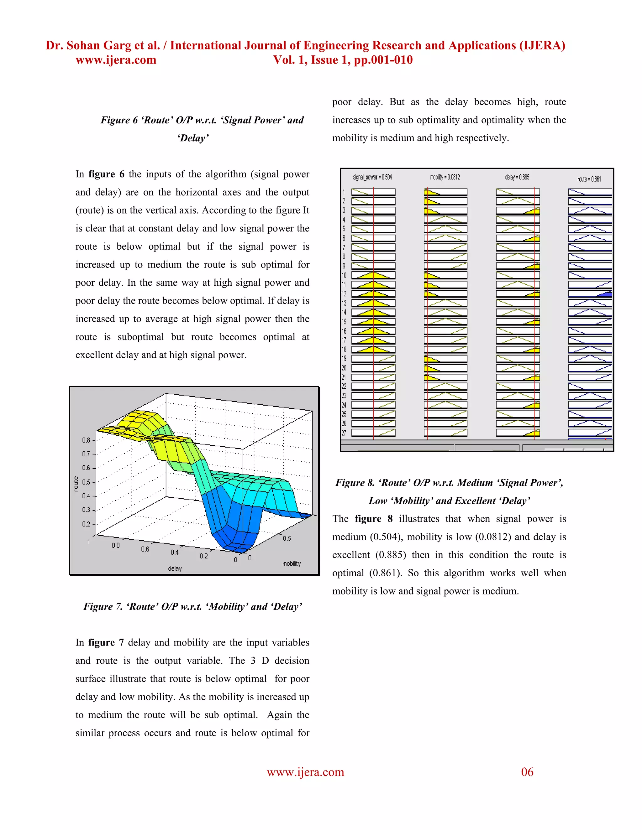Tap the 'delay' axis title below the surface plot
click(175, 568)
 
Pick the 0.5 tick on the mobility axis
click(287, 538)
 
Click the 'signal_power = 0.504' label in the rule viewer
click(372, 177)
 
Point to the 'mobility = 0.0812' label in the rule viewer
click(445, 177)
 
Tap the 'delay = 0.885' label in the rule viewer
click(517, 177)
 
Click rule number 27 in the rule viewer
click(344, 433)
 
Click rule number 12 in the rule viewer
click(344, 294)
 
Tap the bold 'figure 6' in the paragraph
click(106, 174)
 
